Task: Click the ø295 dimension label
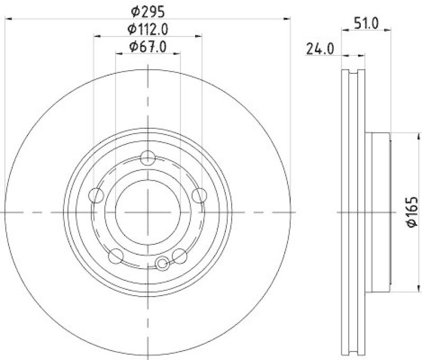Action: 148,10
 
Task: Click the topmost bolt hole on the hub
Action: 148,157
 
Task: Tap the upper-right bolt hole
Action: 199,196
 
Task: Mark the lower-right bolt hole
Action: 180,256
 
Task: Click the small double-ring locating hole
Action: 164,262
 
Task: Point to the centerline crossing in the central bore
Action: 148,212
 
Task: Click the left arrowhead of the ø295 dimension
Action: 7,19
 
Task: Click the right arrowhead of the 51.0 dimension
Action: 388,31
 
